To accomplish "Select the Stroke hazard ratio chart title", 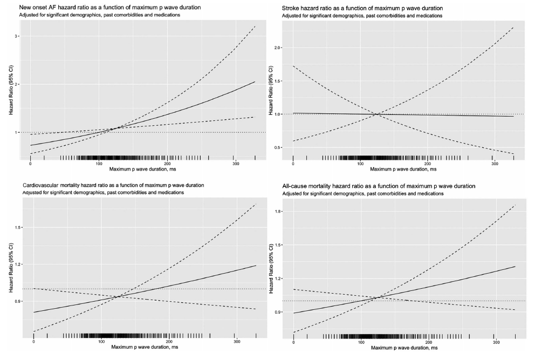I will point(362,8).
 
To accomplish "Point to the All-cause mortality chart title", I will point(379,186).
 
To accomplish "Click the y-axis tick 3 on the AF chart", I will point(18,36).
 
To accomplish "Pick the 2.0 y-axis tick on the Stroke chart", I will point(277,47).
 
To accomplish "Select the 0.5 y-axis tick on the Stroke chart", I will point(277,147).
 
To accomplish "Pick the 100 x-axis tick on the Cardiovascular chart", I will point(101,342).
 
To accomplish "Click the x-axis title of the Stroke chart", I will point(402,169).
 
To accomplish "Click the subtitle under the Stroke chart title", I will point(361,16).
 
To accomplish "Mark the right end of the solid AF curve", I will point(255,81).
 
